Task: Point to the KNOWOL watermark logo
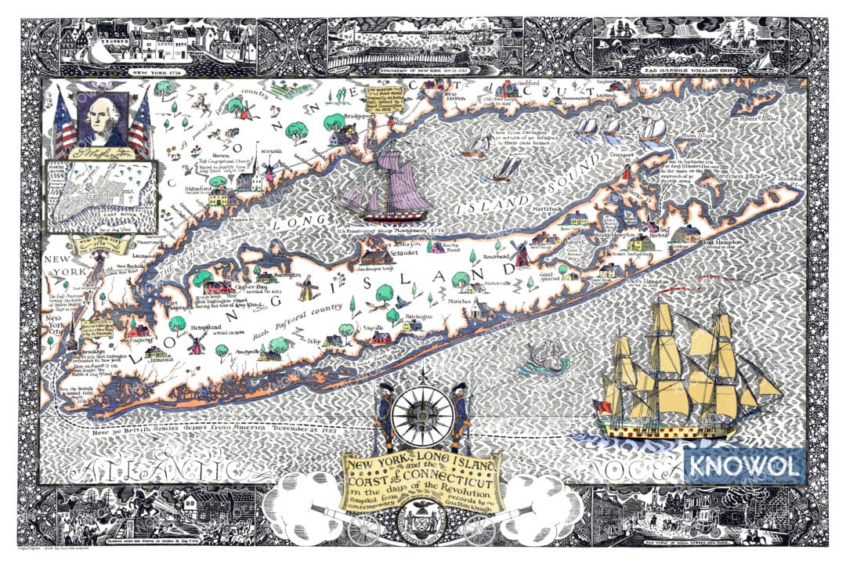[x=744, y=467]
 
